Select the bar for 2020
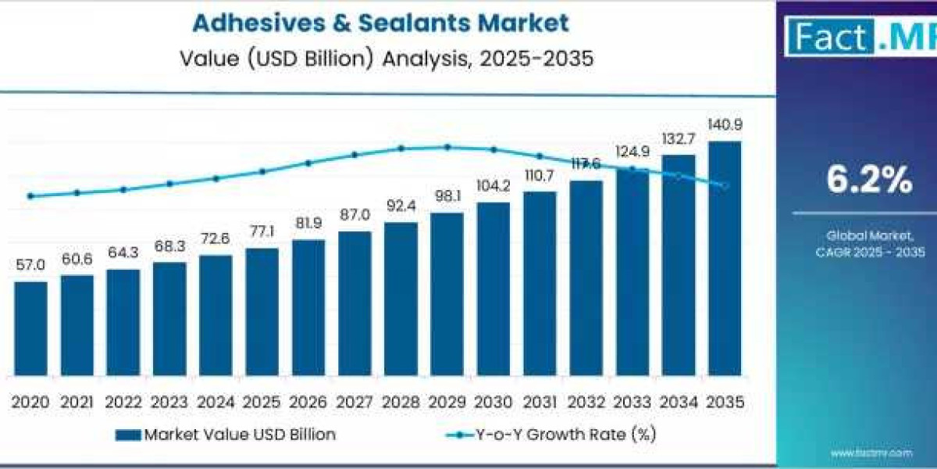pyautogui.click(x=30, y=328)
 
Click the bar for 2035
pyautogui.click(x=724, y=258)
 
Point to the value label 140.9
pyautogui.click(x=724, y=124)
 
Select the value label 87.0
pyautogui.click(x=354, y=215)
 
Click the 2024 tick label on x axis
pyautogui.click(x=216, y=402)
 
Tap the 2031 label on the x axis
pyautogui.click(x=539, y=402)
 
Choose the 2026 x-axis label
pyautogui.click(x=308, y=402)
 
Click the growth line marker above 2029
pyautogui.click(x=447, y=147)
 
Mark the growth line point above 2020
pyautogui.click(x=30, y=196)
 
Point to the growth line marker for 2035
pyautogui.click(x=725, y=185)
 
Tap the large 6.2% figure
pyautogui.click(x=869, y=181)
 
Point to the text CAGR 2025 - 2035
pyautogui.click(x=869, y=252)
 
